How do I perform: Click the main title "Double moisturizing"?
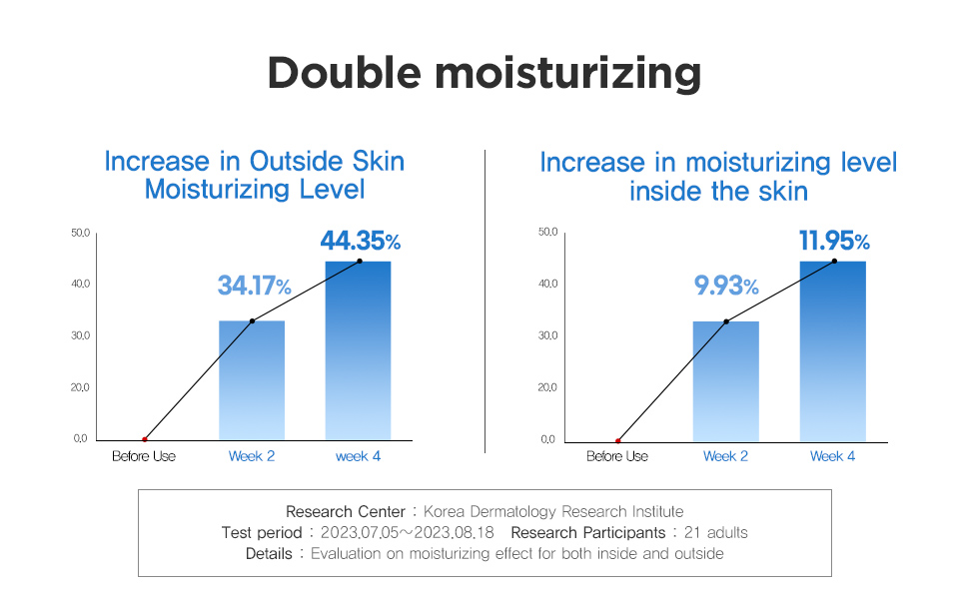click(x=484, y=74)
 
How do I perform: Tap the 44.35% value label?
click(x=360, y=241)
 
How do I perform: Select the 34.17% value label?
click(x=254, y=287)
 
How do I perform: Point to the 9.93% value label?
click(x=726, y=287)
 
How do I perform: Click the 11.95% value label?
click(x=834, y=241)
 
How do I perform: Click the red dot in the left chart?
click(x=145, y=439)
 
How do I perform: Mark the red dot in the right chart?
click(x=618, y=440)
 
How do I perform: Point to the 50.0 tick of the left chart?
click(x=81, y=233)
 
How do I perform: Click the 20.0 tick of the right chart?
click(x=546, y=387)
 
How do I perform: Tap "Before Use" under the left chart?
click(x=143, y=456)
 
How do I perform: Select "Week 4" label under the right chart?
click(x=832, y=456)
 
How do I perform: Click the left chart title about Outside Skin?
click(x=255, y=175)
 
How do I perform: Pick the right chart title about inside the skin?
click(x=718, y=176)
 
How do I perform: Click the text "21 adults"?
click(x=710, y=532)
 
